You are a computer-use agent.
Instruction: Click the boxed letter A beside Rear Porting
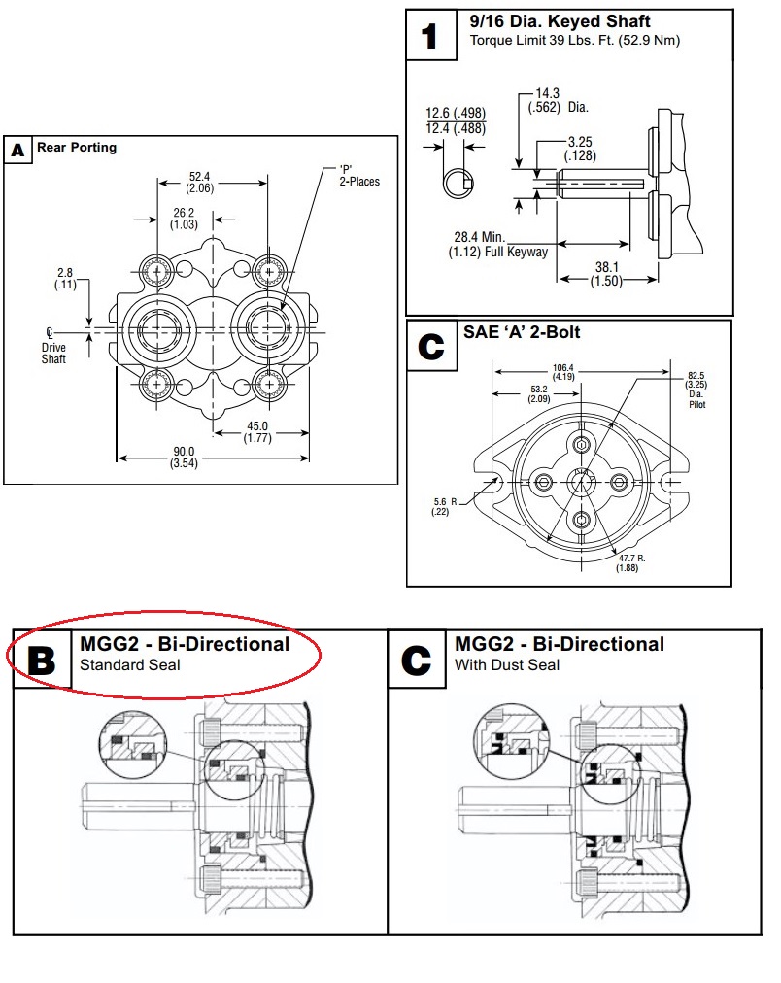click(17, 151)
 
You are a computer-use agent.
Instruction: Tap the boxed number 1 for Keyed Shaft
click(428, 37)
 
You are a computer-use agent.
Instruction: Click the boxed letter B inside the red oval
click(41, 661)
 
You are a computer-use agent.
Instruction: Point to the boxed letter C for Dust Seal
click(416, 661)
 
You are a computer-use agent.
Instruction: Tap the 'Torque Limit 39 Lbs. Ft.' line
click(574, 41)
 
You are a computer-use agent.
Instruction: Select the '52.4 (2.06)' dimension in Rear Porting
click(200, 182)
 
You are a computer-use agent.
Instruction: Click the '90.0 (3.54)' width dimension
click(185, 457)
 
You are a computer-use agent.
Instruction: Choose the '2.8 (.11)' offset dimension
click(66, 280)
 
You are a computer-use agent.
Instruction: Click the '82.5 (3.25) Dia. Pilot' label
click(696, 389)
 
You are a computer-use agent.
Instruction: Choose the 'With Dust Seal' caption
click(506, 666)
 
